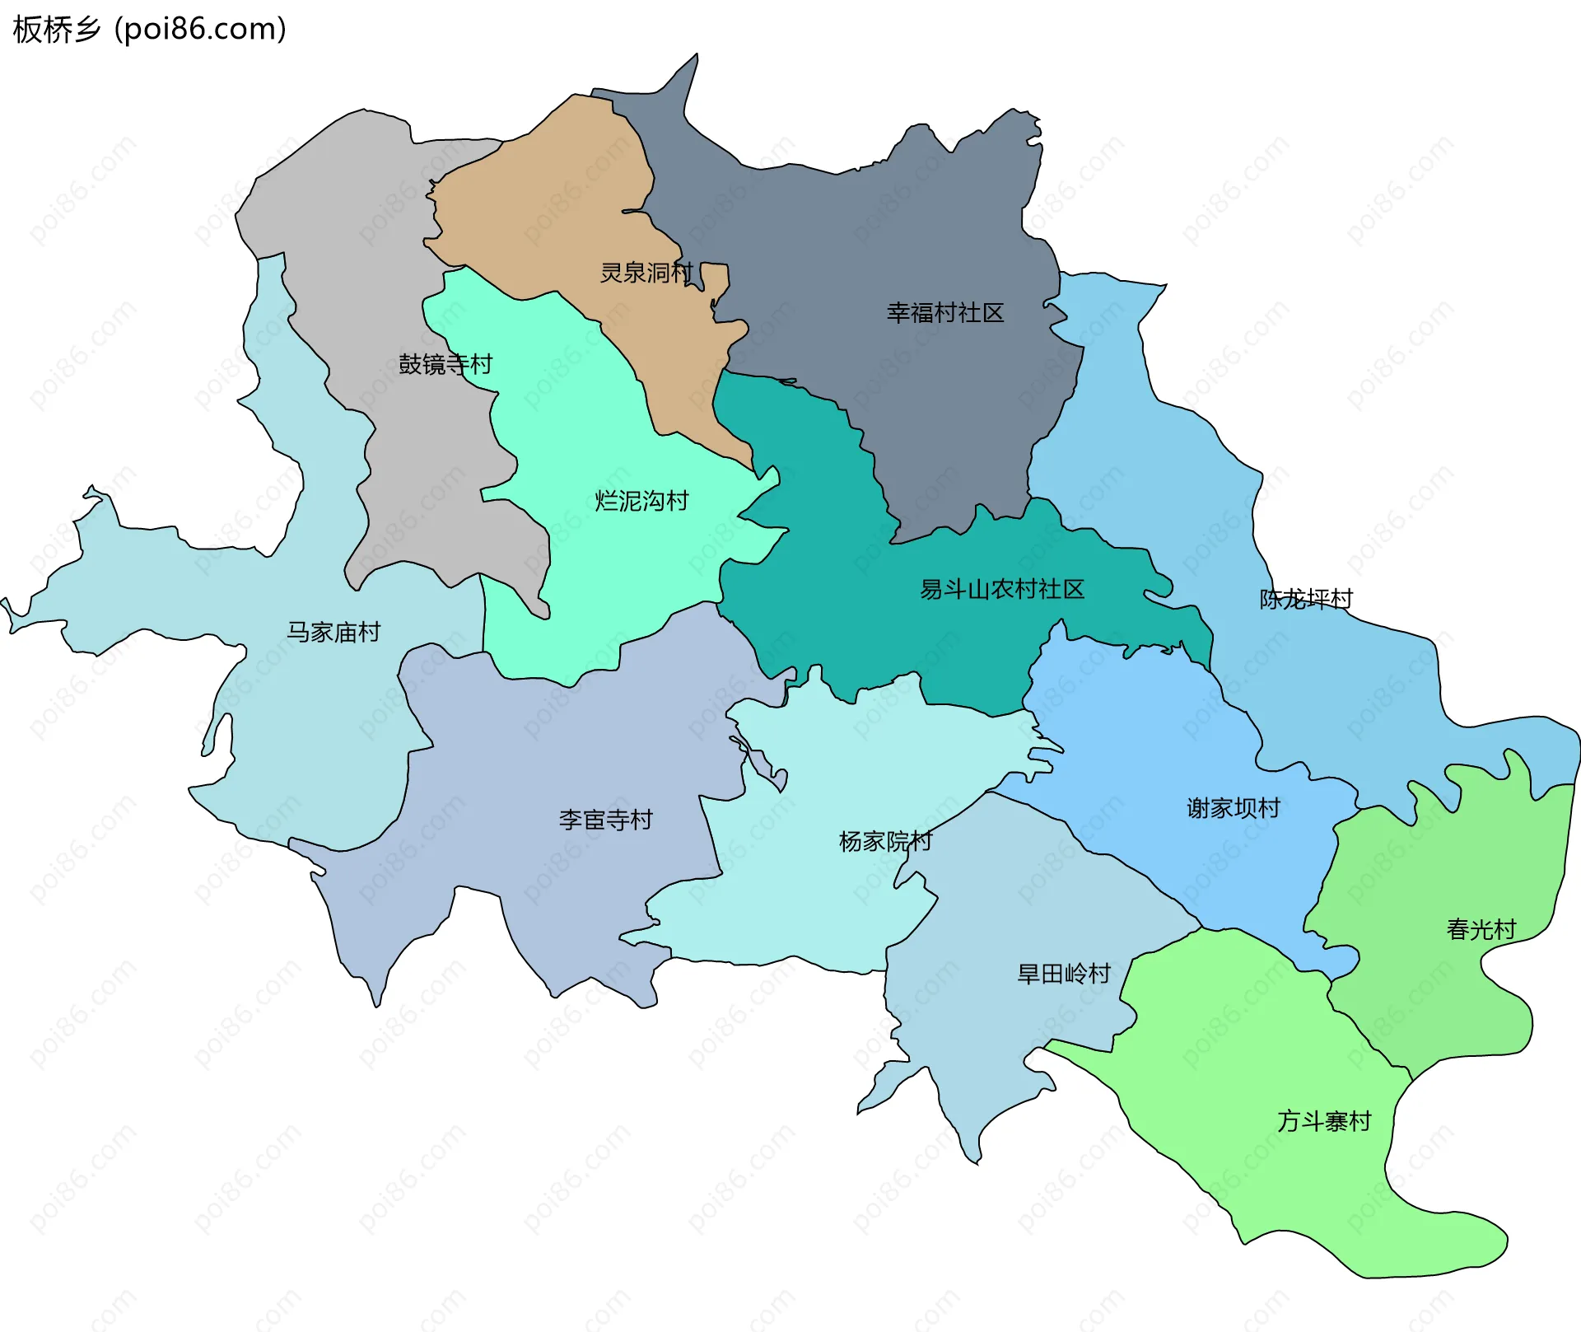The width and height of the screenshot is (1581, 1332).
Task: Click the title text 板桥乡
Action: coord(56,30)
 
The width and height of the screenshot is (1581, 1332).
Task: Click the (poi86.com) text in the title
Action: coord(200,30)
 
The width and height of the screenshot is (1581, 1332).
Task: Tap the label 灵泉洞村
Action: coord(646,273)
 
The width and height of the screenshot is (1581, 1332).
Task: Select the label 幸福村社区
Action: coord(945,313)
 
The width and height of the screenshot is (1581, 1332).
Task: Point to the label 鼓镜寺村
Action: coord(445,364)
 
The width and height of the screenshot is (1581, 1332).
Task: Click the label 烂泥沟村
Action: coord(641,501)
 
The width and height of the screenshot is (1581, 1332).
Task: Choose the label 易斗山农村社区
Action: coord(1002,590)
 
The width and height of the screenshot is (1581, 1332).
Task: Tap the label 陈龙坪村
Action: coord(1306,600)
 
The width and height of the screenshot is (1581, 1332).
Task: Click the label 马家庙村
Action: coord(333,633)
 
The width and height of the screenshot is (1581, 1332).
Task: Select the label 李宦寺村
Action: coord(605,820)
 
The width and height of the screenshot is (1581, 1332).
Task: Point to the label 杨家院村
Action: coord(885,842)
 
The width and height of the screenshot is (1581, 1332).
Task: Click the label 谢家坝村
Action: coord(1234,809)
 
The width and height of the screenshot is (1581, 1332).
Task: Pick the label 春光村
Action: coord(1481,930)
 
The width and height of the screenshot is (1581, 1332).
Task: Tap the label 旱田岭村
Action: coord(1064,974)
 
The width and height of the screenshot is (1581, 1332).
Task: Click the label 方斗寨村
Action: coord(1324,1122)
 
